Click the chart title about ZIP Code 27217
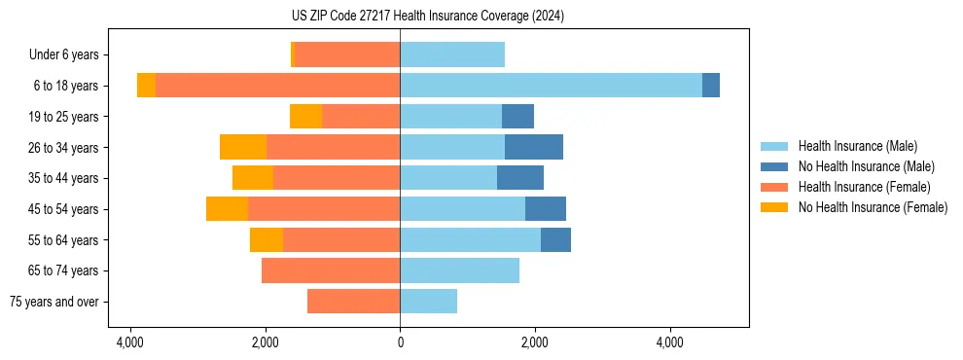(x=481, y=17)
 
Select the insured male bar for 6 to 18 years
(x=551, y=86)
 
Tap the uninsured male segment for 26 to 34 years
(x=534, y=147)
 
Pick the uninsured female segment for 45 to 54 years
(x=227, y=209)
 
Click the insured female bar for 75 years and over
(x=353, y=302)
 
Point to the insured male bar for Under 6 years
(x=452, y=54)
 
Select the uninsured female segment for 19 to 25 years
(x=305, y=117)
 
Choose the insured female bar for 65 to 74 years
(x=331, y=270)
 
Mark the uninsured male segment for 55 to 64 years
(x=555, y=239)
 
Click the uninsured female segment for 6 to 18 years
(x=146, y=86)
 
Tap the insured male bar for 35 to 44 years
(x=448, y=178)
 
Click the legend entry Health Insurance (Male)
(x=857, y=147)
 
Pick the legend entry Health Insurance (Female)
(x=864, y=187)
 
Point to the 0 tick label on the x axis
(x=400, y=343)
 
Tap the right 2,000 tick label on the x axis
(x=534, y=343)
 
